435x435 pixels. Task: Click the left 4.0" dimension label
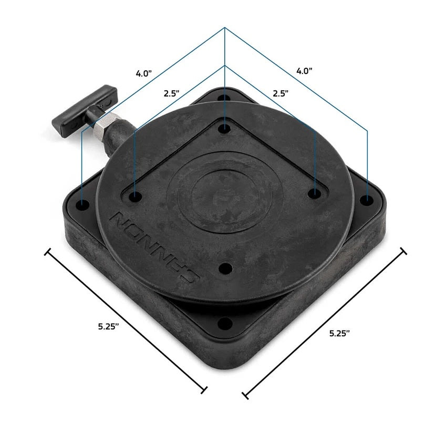click(143, 73)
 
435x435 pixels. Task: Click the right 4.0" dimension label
click(305, 70)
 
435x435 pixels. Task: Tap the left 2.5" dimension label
click(171, 93)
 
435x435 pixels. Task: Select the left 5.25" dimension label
click(108, 326)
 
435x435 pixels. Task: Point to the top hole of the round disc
click(225, 128)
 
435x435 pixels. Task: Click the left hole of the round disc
click(136, 197)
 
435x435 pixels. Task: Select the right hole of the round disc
click(314, 194)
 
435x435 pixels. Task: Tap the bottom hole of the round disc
click(225, 269)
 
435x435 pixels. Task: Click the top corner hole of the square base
click(225, 98)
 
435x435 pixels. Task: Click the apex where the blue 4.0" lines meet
click(225, 27)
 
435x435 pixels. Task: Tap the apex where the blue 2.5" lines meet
click(225, 66)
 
